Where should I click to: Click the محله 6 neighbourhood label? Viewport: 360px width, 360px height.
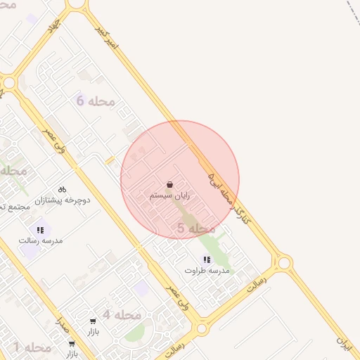(96, 101)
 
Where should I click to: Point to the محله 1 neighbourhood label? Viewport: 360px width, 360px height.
(32, 347)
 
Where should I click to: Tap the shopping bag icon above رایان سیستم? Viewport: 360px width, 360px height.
(171, 184)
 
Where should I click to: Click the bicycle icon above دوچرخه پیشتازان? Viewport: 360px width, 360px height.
(62, 189)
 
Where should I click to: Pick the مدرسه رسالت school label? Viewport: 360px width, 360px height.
(41, 240)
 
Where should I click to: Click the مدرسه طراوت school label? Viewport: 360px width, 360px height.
(207, 270)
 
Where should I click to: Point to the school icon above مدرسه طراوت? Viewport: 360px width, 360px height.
(207, 259)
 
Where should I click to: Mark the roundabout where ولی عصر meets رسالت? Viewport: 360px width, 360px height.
(201, 328)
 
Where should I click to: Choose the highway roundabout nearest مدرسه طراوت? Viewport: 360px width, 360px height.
(284, 264)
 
